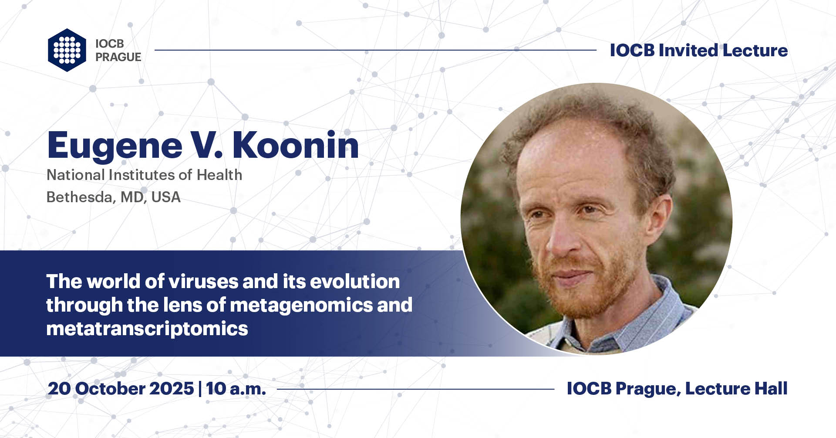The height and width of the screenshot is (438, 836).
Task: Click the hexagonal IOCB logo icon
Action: pos(67,50)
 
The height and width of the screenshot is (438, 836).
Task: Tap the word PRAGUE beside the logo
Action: pos(118,57)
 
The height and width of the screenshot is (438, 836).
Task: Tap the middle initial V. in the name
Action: pos(207,145)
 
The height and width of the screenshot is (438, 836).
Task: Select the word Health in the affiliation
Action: pos(219,175)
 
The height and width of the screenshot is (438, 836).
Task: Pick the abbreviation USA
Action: pos(166,197)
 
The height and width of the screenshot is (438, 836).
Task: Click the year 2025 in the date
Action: pos(172,388)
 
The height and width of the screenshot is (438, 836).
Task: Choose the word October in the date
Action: pos(110,388)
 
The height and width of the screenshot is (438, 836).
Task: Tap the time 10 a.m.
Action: pos(236,388)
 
